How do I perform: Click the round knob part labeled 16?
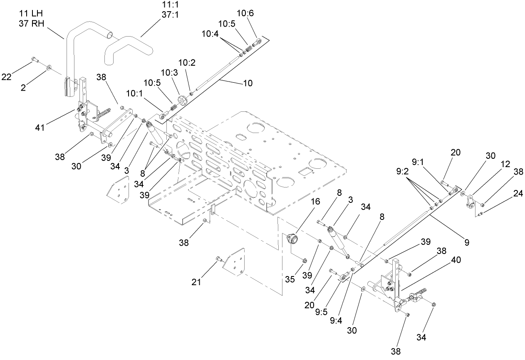[x=293, y=240]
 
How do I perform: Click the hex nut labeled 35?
[x=304, y=261]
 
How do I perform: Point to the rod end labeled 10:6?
[x=258, y=42]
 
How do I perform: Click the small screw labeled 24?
[x=480, y=214]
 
